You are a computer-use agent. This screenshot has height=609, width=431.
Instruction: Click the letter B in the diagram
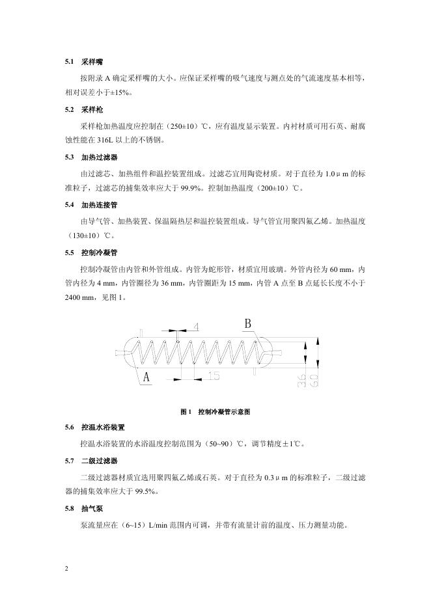[248, 324]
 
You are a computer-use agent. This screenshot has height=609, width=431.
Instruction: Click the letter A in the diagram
[146, 377]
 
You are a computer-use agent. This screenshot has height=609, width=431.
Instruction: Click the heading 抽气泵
[92, 508]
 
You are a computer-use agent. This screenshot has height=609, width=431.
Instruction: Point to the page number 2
[67, 569]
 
